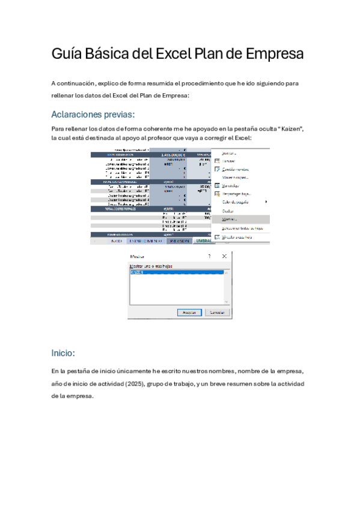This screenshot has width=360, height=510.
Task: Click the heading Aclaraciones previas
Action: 93,114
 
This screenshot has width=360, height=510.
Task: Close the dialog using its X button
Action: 224,256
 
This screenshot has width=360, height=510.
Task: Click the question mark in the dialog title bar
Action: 209,256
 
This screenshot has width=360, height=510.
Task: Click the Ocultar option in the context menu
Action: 228,211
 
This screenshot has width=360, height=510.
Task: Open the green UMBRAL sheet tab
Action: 203,241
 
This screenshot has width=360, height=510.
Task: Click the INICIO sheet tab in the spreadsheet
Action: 115,241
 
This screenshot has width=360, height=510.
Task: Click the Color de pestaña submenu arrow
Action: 266,202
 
